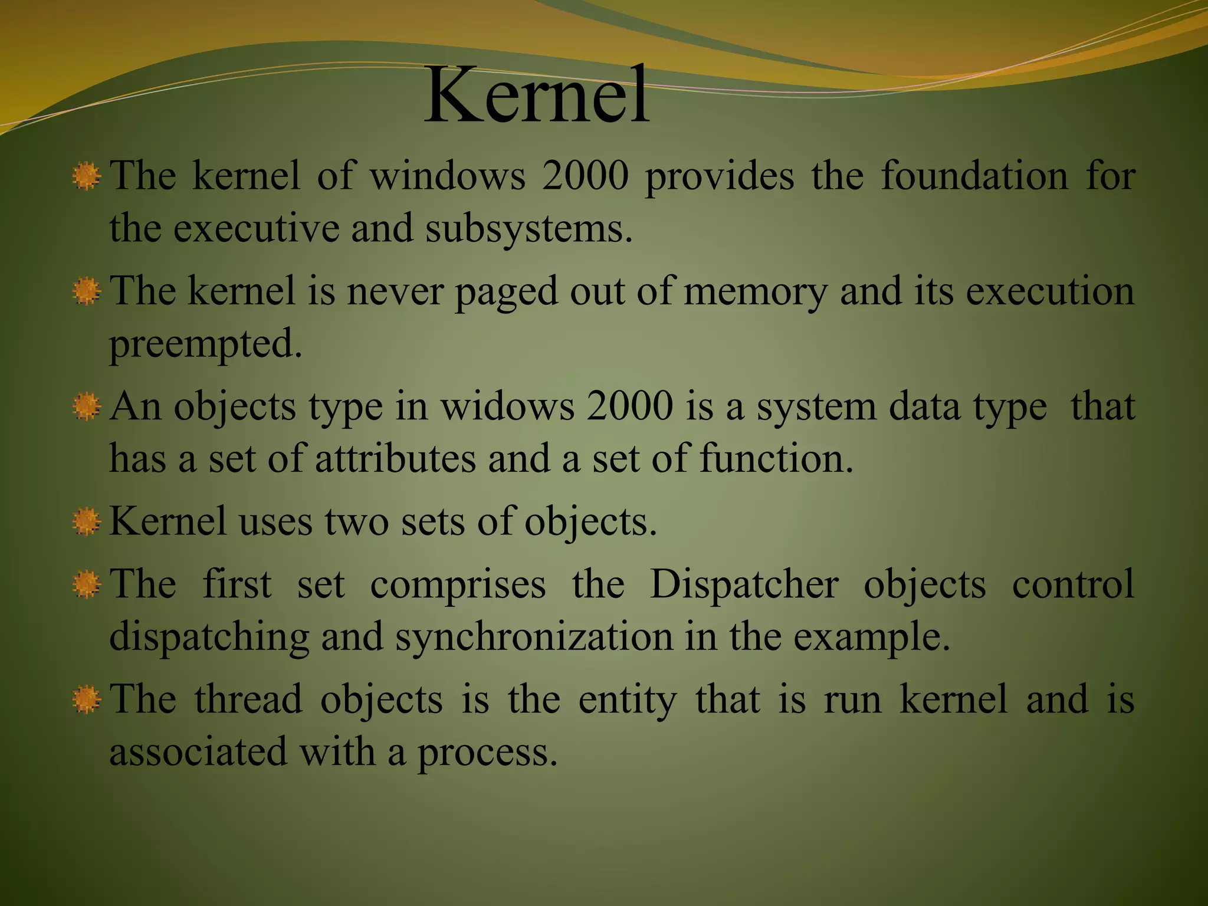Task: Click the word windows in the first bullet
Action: [x=447, y=176]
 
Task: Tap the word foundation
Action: [x=974, y=176]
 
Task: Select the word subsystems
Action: [x=528, y=228]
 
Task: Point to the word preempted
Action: [x=205, y=344]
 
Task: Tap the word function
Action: [x=776, y=459]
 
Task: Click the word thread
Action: [x=248, y=700]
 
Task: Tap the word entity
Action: [x=627, y=700]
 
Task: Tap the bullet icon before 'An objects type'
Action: [x=86, y=407]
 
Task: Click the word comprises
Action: [x=458, y=585]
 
